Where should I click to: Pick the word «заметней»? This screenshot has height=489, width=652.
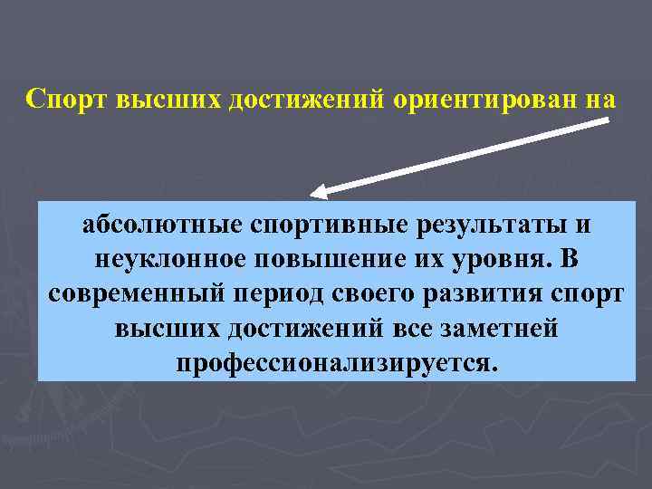pos(494,329)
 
